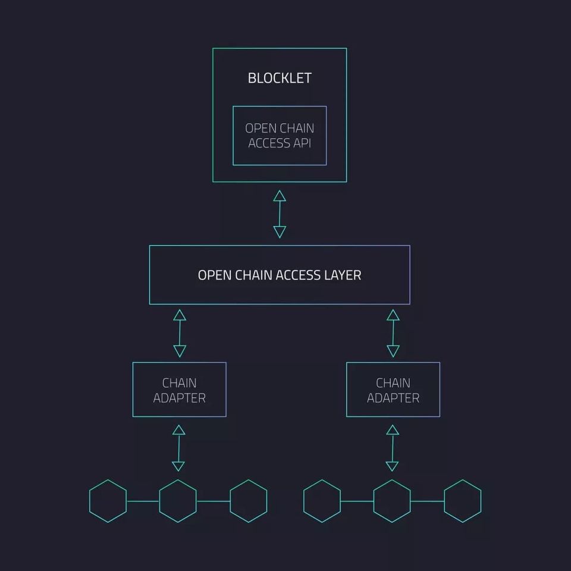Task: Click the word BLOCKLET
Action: coord(279,78)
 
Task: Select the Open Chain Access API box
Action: coord(280,136)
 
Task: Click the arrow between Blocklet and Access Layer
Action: coord(280,214)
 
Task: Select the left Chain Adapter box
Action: coord(179,390)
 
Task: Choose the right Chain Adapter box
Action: coord(393,390)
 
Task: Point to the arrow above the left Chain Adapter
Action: coord(179,333)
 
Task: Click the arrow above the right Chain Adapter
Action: coord(393,333)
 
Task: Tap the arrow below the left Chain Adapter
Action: coord(178,448)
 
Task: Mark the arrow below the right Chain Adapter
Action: coord(392,448)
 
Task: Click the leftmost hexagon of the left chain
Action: coord(108,501)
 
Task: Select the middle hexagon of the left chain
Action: coord(178,501)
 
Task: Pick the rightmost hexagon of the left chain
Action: coord(248,501)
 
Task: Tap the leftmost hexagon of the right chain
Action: coord(322,501)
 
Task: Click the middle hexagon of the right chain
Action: coord(392,501)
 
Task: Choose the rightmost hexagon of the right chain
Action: coord(462,501)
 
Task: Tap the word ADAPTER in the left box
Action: coord(179,398)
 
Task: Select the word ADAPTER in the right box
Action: coord(393,398)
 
